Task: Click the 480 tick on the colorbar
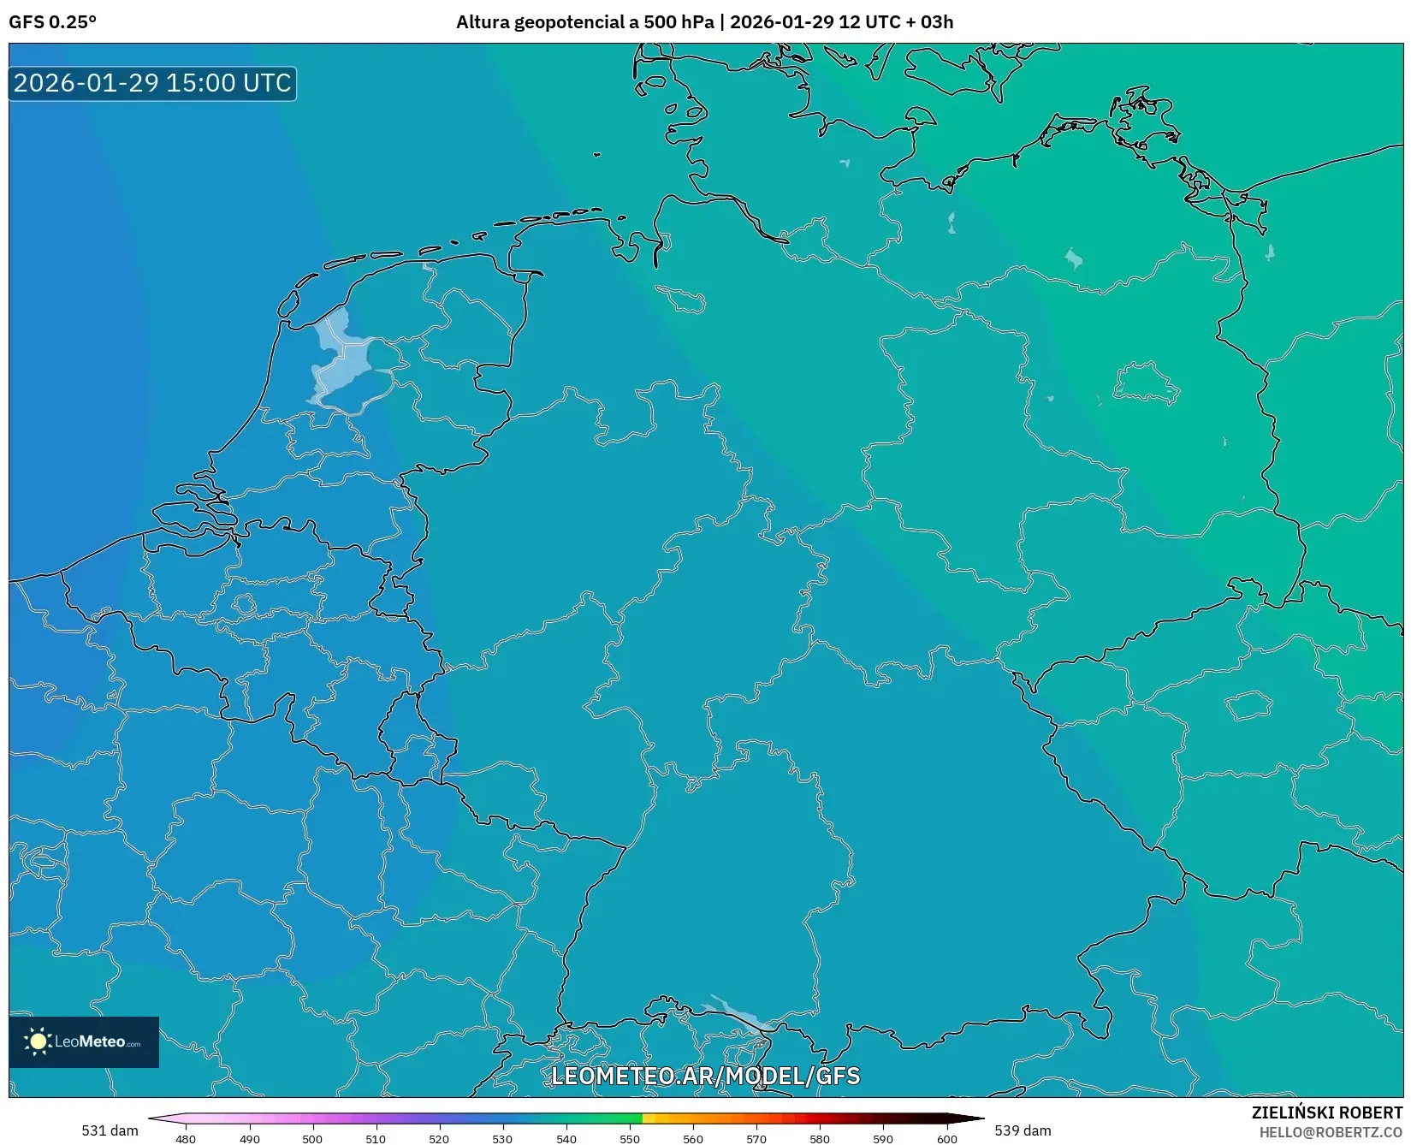(x=186, y=1138)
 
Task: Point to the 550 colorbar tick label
(x=630, y=1138)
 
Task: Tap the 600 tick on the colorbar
(x=946, y=1138)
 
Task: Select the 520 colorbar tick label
(x=439, y=1138)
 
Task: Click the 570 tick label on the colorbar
(x=756, y=1138)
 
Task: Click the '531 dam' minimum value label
(x=110, y=1130)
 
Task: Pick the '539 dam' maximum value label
(x=1023, y=1130)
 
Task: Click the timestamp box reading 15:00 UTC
(x=152, y=83)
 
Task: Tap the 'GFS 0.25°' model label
(x=52, y=22)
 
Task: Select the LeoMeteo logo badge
(x=84, y=1041)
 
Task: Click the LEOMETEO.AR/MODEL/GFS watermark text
(x=705, y=1076)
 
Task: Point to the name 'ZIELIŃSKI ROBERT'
(x=1327, y=1112)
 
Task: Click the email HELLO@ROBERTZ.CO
(x=1331, y=1132)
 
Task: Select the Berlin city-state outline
(x=1146, y=384)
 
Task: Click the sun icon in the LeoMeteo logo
(x=38, y=1041)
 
